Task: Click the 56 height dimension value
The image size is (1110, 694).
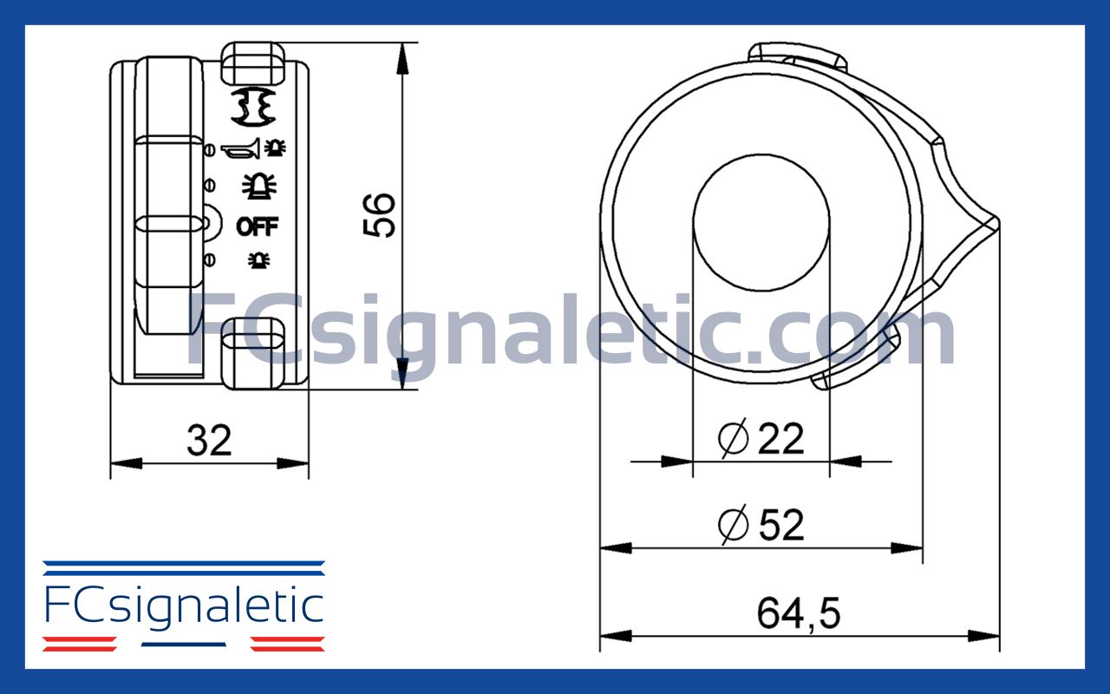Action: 380,215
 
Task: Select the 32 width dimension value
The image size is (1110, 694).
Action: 209,441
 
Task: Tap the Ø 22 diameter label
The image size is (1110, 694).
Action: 761,439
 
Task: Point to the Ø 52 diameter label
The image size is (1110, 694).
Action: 761,526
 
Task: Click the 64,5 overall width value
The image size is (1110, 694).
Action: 799,614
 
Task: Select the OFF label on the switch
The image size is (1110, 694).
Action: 258,226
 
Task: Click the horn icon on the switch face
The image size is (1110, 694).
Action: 240,151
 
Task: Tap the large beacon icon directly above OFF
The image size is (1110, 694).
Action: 258,186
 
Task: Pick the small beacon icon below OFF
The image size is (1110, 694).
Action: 258,259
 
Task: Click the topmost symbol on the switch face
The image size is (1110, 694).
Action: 253,105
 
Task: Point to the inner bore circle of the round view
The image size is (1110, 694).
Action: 761,224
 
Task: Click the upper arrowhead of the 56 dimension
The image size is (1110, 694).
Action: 402,57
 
